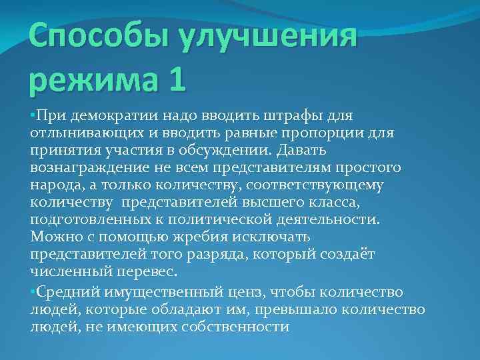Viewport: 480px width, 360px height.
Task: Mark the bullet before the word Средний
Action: (33, 291)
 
